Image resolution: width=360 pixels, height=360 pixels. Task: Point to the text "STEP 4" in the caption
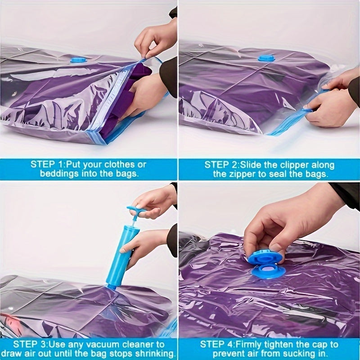coord(216,344)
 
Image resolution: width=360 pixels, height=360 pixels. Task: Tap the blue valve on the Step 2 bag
coord(266,58)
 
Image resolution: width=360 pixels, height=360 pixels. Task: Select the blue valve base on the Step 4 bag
coord(268,271)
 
